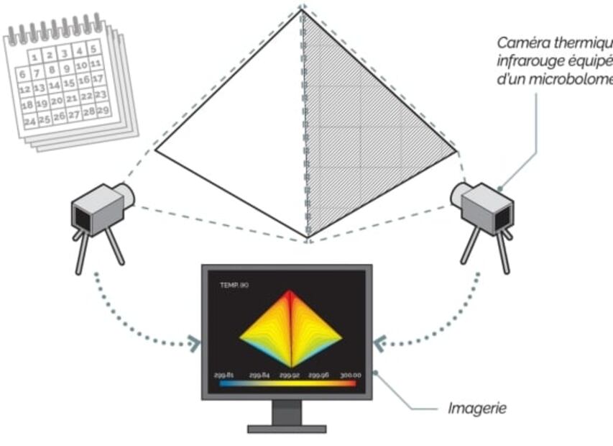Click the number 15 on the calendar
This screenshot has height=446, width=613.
coord(69,83)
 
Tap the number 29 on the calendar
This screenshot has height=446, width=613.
coord(103,110)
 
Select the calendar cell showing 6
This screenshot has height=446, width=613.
coord(23,74)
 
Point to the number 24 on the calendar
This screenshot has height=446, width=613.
coord(29,122)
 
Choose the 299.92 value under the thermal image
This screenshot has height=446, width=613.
coord(289,375)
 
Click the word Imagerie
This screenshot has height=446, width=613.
coord(477,409)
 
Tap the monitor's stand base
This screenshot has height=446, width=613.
coord(287,429)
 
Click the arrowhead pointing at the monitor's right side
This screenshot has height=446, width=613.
coord(379,343)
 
